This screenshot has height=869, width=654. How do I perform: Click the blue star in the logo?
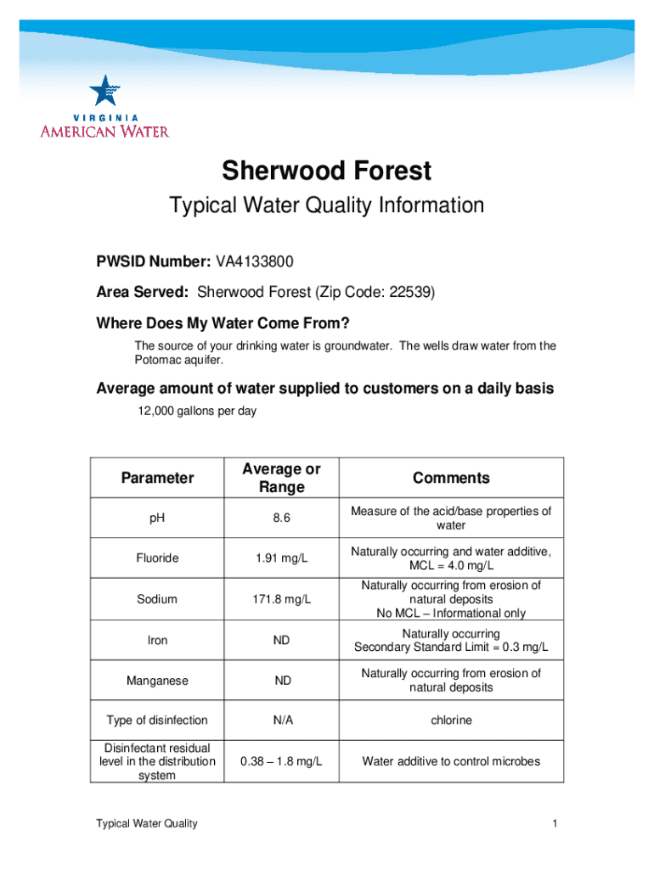pyautogui.click(x=104, y=92)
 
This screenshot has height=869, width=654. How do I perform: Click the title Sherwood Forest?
pyautogui.click(x=327, y=171)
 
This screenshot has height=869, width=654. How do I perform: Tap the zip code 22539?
pyautogui.click(x=410, y=293)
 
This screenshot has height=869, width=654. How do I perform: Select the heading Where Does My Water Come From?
pyautogui.click(x=223, y=325)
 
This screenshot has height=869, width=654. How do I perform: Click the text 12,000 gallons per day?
pyautogui.click(x=197, y=412)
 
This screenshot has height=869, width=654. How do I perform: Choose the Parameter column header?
pyautogui.click(x=157, y=478)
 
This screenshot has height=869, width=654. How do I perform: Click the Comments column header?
pyautogui.click(x=451, y=478)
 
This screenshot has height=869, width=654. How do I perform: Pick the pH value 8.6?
pyautogui.click(x=282, y=518)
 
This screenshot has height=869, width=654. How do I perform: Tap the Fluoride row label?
pyautogui.click(x=157, y=558)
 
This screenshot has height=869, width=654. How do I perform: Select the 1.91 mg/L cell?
pyautogui.click(x=282, y=558)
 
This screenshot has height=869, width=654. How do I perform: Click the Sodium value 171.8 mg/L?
pyautogui.click(x=282, y=599)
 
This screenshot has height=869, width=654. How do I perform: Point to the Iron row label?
pyautogui.click(x=157, y=641)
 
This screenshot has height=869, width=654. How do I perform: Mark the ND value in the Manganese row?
pyautogui.click(x=282, y=681)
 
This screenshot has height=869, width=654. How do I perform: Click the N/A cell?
pyautogui.click(x=282, y=720)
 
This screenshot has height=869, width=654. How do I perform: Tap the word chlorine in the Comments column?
pyautogui.click(x=451, y=720)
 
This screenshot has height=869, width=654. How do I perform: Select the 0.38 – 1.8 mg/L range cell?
pyautogui.click(x=282, y=761)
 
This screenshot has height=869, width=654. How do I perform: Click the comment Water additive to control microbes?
pyautogui.click(x=451, y=761)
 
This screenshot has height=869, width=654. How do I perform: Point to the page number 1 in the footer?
pyautogui.click(x=554, y=824)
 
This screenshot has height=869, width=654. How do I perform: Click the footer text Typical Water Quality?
pyautogui.click(x=147, y=824)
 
